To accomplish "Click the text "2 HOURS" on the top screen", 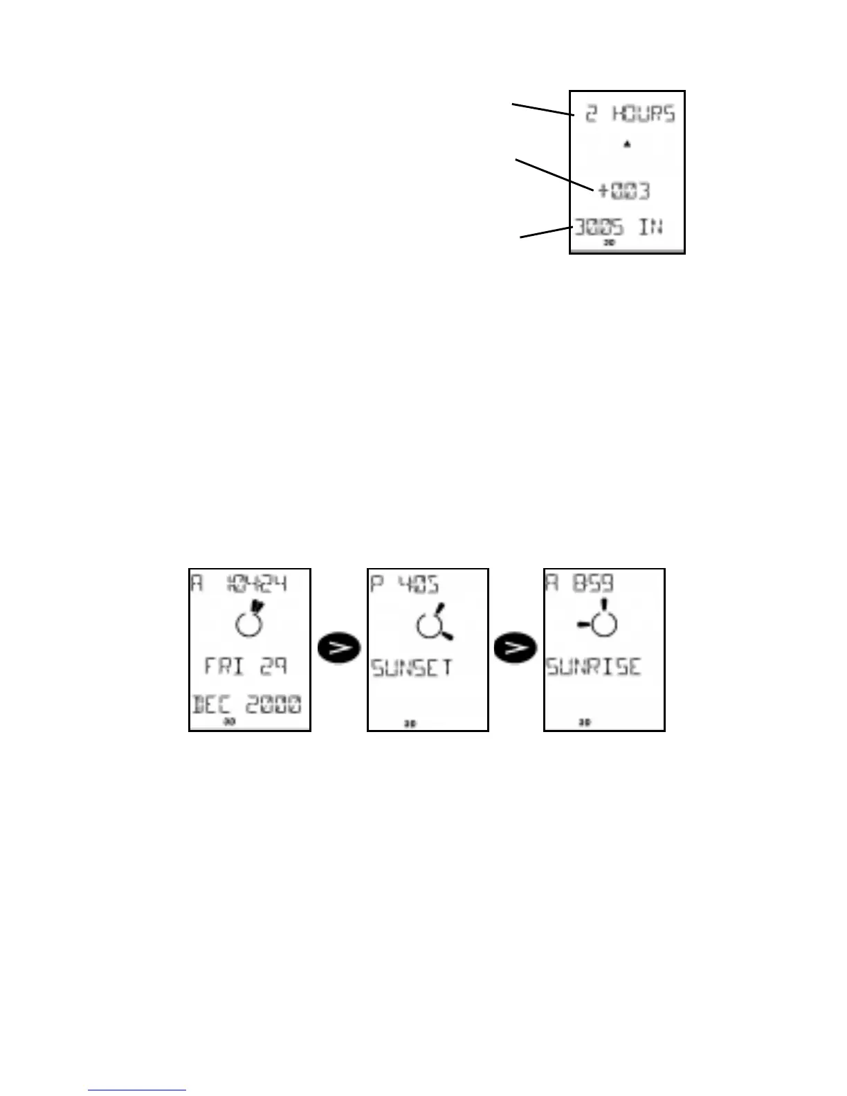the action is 629,113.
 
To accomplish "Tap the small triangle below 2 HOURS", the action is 626,144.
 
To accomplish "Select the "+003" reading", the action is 623,190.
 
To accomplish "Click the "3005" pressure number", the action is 599,226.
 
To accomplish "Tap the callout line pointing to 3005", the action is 545,232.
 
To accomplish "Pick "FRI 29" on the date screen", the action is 246,666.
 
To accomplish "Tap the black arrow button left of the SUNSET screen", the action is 339,648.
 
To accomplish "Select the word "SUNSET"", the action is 412,668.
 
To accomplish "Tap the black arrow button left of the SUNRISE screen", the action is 516,648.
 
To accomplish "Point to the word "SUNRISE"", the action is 594,667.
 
